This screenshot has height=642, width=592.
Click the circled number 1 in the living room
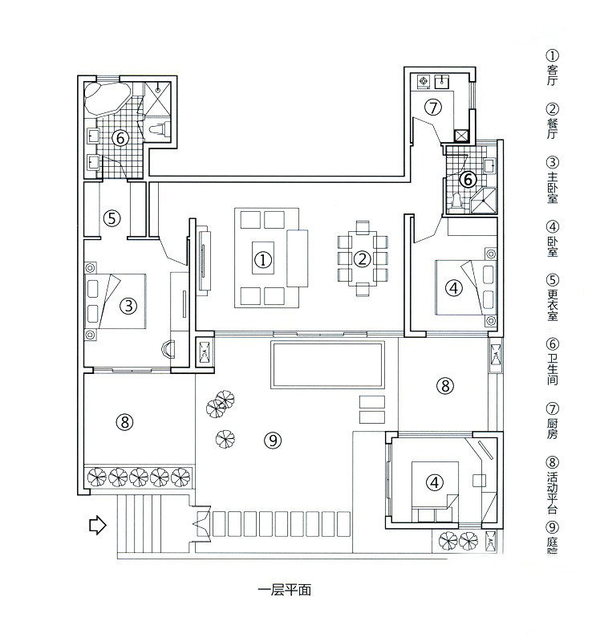262,258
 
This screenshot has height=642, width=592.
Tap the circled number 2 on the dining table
363,258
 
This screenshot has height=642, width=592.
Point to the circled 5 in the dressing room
112,217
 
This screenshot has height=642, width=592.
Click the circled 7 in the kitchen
432,107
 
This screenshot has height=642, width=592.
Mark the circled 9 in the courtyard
273,439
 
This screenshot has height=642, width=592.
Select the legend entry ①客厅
552,68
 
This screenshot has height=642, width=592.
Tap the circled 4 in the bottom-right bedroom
433,482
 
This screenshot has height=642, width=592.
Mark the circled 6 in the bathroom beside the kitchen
467,179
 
